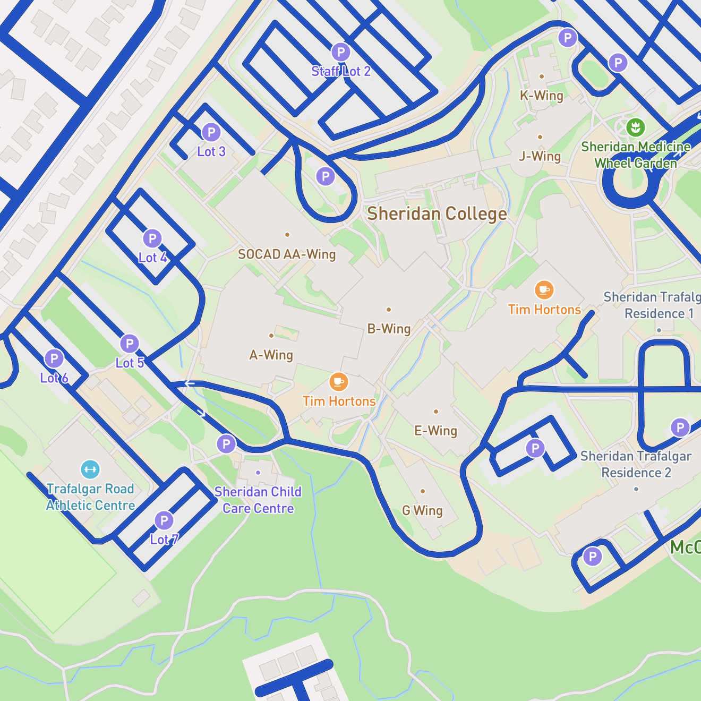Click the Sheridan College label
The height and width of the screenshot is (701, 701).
pyautogui.click(x=437, y=214)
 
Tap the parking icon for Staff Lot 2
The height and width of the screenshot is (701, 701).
pyautogui.click(x=341, y=53)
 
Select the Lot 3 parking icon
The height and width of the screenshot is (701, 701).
pyautogui.click(x=211, y=132)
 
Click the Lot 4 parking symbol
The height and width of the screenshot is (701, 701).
pyautogui.click(x=152, y=238)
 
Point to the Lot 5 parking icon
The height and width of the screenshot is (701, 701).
pyautogui.click(x=130, y=344)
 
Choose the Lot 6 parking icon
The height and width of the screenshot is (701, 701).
pyautogui.click(x=54, y=358)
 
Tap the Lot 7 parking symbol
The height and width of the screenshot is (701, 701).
pyautogui.click(x=164, y=520)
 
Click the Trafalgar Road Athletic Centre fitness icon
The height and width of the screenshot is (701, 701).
pyautogui.click(x=90, y=469)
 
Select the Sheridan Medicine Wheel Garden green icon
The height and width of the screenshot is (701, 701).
pyautogui.click(x=636, y=127)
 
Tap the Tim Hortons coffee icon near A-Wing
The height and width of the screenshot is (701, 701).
pyautogui.click(x=339, y=382)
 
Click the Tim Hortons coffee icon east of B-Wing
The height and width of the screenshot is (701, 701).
pyautogui.click(x=544, y=290)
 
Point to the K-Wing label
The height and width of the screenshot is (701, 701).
pyautogui.click(x=541, y=96)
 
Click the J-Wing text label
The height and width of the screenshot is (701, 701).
pyautogui.click(x=540, y=156)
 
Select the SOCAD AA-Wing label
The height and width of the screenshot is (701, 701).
pyautogui.click(x=287, y=254)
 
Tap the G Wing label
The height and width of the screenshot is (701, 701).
pyautogui.click(x=422, y=510)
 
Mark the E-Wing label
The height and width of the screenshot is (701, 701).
pyautogui.click(x=435, y=431)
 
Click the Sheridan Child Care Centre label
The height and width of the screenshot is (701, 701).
pyautogui.click(x=258, y=500)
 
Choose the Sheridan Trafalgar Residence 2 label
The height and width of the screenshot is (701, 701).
pyautogui.click(x=636, y=464)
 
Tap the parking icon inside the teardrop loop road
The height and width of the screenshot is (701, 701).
pyautogui.click(x=326, y=176)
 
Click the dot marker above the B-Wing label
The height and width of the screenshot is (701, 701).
pyautogui.click(x=389, y=310)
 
